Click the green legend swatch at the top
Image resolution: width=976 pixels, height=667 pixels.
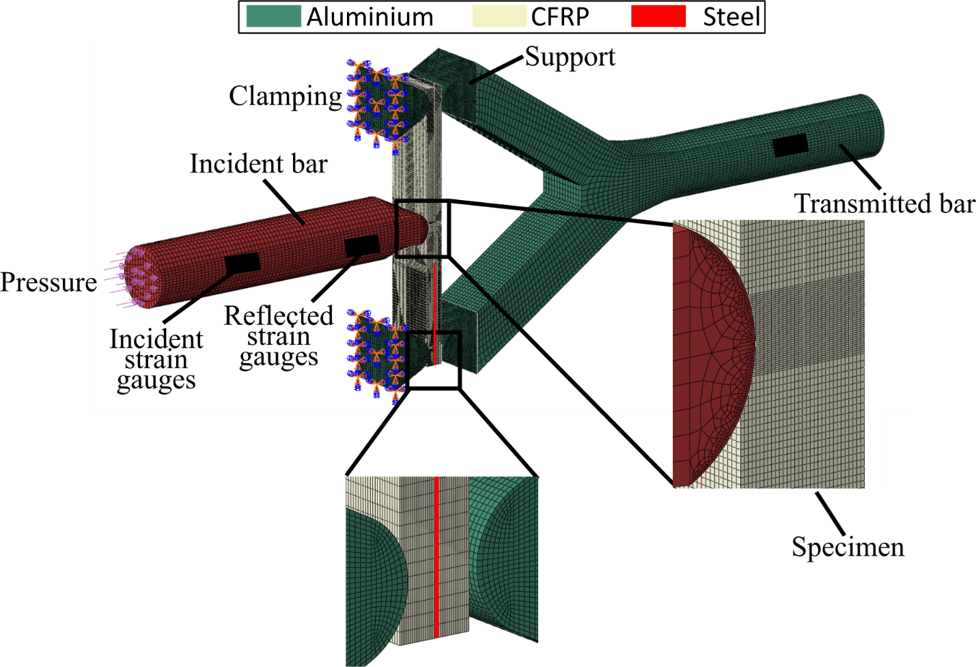click(273, 16)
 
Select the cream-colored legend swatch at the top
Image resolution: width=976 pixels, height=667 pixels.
click(500, 16)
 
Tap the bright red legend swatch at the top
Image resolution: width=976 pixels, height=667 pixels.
click(658, 16)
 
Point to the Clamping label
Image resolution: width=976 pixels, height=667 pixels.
click(285, 97)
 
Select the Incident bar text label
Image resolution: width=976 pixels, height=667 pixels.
click(258, 164)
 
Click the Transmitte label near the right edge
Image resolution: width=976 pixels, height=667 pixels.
click(854, 203)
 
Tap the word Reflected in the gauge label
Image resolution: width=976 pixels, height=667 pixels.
click(279, 316)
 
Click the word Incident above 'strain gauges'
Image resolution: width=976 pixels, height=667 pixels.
click(156, 339)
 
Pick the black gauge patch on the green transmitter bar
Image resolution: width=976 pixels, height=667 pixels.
click(790, 145)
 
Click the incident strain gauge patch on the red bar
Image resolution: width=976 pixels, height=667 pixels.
click(242, 263)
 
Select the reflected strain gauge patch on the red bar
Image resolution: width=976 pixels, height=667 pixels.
click(362, 246)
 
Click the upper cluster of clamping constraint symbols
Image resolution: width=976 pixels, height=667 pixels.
click(376, 102)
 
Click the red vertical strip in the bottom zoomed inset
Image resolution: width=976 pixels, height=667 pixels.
click(436, 556)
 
